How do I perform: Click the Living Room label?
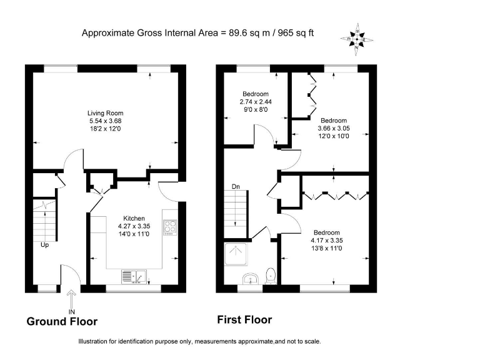coord(102,113)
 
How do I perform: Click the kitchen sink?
coord(133,276)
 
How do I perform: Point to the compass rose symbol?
coord(356,39)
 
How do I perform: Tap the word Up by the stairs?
coord(44,245)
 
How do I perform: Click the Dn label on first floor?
coord(236,186)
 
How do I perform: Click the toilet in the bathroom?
coord(271,275)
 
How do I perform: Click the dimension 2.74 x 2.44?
coord(256,101)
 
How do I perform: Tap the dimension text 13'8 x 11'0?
coord(327,248)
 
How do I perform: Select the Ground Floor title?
coord(62,322)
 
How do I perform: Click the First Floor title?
coord(244,320)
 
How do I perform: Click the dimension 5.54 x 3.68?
coord(102,121)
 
